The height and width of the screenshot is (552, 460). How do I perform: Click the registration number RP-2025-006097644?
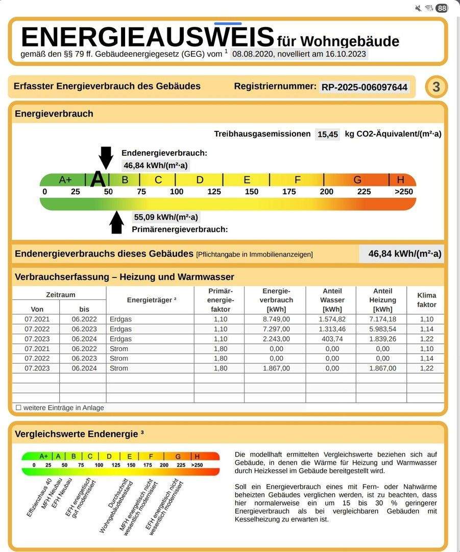(365, 87)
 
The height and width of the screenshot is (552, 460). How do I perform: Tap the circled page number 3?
(436, 87)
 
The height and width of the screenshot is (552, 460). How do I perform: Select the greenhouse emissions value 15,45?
(328, 134)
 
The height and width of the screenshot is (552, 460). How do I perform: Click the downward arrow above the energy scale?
(106, 157)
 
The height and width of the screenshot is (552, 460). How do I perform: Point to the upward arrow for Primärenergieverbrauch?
(117, 222)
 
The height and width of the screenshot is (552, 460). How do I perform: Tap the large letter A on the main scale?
(98, 179)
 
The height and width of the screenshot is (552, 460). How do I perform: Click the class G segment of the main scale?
(357, 180)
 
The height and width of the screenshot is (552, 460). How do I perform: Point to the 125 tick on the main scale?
(214, 192)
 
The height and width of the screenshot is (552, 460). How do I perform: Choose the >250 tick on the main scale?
(403, 192)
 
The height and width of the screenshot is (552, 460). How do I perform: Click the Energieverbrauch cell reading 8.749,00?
(276, 319)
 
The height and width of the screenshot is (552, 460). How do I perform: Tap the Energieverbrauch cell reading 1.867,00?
(276, 368)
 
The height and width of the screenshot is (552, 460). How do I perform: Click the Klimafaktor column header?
(426, 300)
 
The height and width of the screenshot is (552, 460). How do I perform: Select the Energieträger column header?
(152, 300)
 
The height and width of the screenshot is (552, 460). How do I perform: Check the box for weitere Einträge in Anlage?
(18, 408)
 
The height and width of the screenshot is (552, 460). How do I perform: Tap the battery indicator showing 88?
(442, 8)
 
